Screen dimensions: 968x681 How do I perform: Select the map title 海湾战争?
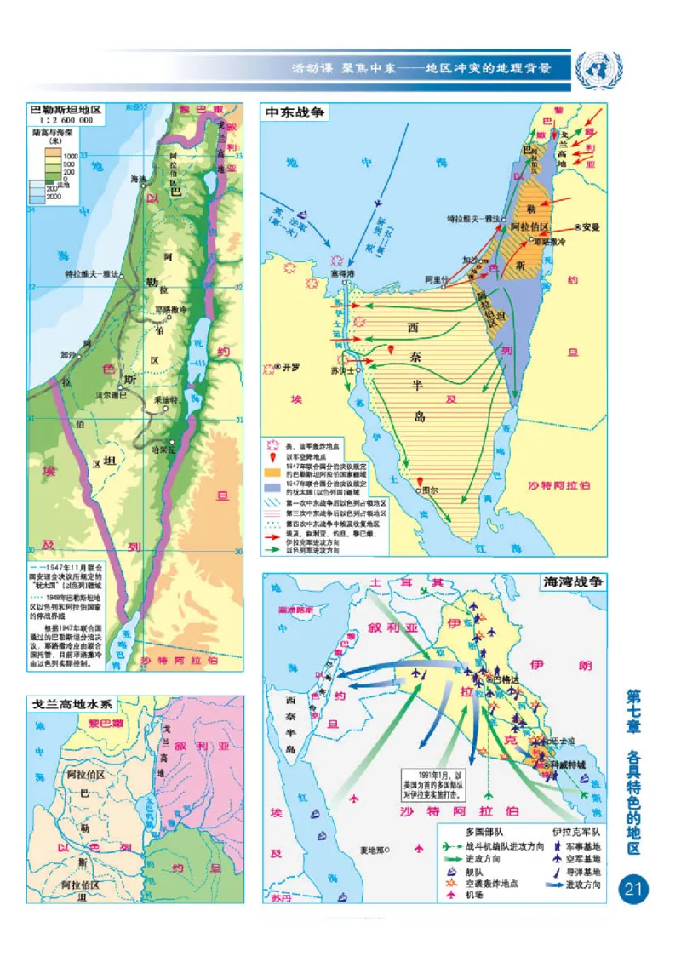click(575, 582)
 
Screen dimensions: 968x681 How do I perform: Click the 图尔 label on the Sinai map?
click(431, 490)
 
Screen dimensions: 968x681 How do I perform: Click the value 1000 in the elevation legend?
click(68, 156)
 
